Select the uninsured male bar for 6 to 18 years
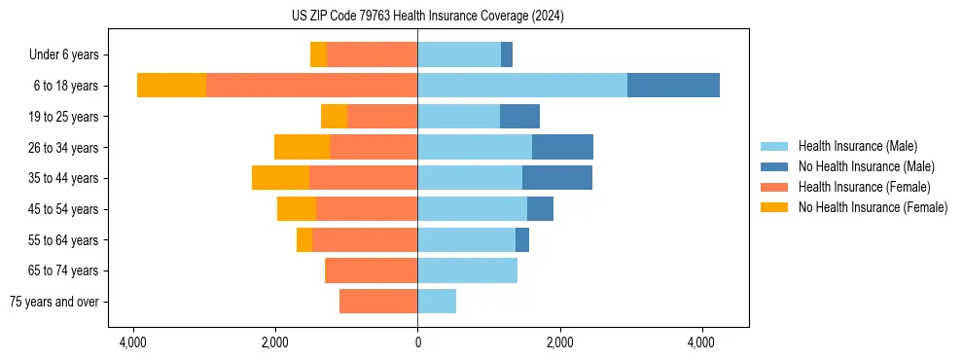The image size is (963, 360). point(673,86)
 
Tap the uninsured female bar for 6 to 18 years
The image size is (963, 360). point(171,86)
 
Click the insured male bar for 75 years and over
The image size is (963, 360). point(437,302)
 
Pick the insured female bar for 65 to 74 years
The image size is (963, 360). point(371,270)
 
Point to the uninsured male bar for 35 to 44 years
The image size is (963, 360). point(557,178)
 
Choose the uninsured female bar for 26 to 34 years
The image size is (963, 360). point(302,147)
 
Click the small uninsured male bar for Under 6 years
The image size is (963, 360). point(507,54)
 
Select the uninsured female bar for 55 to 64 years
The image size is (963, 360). point(304,239)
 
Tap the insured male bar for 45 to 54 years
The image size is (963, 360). point(472,209)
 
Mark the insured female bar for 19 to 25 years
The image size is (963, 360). point(382,117)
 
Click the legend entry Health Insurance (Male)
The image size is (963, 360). point(857,146)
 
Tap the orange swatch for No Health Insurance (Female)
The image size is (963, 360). point(774,207)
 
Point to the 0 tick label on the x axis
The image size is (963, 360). point(417,342)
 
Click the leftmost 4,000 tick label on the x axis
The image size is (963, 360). point(133,342)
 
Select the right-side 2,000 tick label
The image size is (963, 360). point(559,342)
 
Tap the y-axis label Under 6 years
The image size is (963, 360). point(69,54)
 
